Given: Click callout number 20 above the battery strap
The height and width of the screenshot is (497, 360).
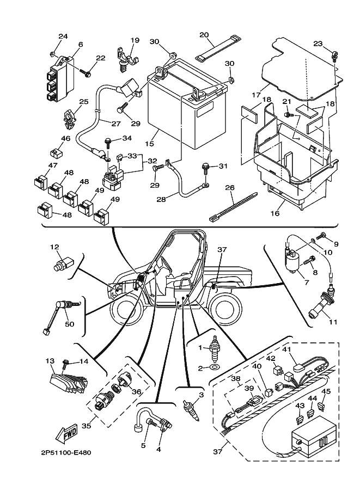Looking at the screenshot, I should pyautogui.click(x=204, y=35).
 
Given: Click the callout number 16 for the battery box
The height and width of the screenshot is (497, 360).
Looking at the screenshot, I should pyautogui.click(x=275, y=214).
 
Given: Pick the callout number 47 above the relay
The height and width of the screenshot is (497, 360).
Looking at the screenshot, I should pyautogui.click(x=52, y=165).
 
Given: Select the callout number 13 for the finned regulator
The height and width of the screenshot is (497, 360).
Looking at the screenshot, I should pyautogui.click(x=50, y=360).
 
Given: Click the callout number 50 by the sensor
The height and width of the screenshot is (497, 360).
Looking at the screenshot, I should pyautogui.click(x=69, y=324).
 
